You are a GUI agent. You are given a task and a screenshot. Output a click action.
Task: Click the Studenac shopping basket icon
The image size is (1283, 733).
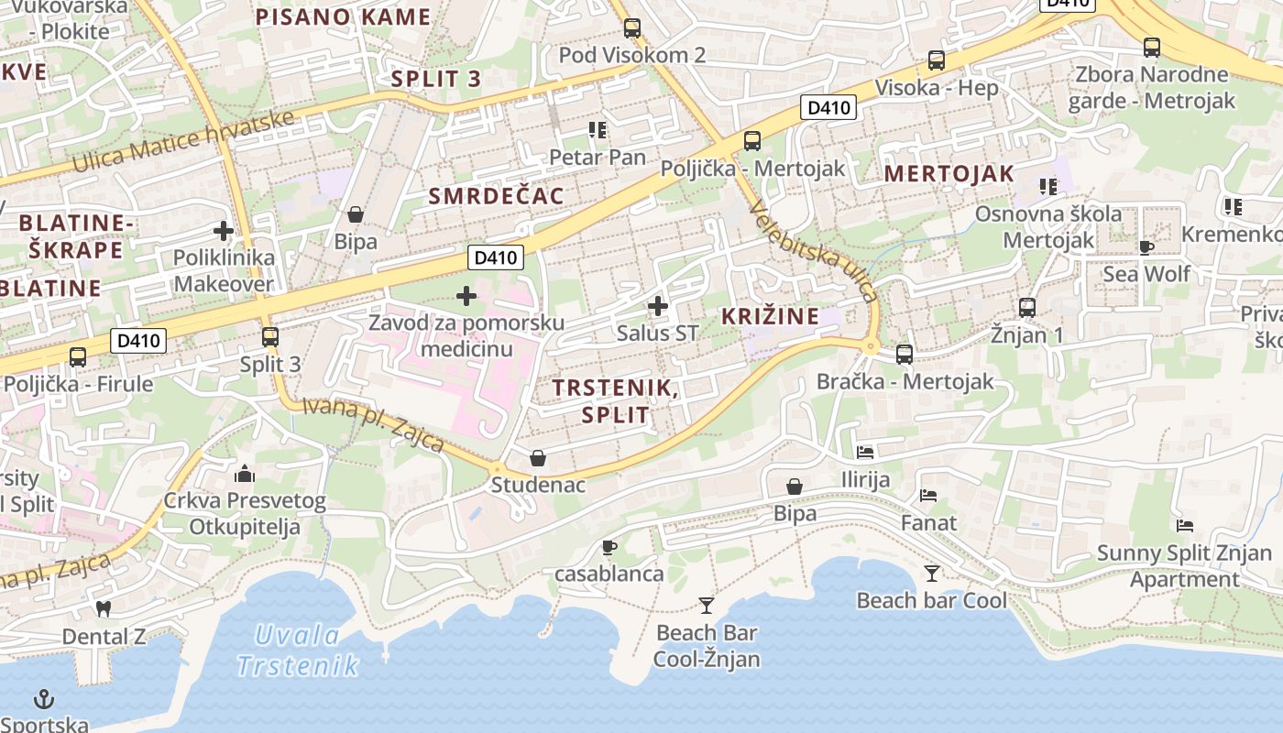tap(538, 457)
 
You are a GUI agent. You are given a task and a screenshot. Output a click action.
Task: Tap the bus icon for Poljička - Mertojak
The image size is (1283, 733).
tap(752, 140)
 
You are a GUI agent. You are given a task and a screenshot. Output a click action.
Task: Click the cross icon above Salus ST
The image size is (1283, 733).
tap(658, 306)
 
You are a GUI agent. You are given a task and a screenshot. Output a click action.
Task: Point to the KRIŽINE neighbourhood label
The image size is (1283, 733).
tap(770, 316)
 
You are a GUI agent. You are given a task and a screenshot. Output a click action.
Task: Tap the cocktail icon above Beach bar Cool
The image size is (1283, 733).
tap(932, 574)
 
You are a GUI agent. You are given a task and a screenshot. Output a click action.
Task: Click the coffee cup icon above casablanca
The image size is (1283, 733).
tap(609, 547)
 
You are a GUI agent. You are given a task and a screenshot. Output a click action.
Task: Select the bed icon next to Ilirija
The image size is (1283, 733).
tap(865, 452)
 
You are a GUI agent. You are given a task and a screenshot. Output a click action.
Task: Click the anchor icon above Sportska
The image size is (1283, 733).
tap(44, 700)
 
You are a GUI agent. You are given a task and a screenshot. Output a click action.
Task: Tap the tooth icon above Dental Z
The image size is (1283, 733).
tap(104, 608)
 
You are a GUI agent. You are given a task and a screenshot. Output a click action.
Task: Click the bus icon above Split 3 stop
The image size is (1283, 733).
tap(270, 336)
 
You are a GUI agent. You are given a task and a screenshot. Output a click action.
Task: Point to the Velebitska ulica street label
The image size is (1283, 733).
tap(814, 252)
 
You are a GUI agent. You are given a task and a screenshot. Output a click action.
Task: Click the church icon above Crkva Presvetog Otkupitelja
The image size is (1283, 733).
tap(245, 474)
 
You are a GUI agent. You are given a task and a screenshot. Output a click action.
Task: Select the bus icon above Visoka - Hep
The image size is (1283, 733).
tap(937, 60)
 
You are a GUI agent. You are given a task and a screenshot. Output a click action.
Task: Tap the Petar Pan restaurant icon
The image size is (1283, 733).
tap(598, 130)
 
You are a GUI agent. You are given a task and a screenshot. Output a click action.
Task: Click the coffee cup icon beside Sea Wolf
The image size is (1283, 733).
tap(1146, 246)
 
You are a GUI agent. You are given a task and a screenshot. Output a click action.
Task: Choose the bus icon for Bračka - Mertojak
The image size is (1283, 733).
tap(905, 354)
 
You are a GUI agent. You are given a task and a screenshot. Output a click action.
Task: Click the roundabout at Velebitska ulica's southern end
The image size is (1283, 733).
tap(870, 346)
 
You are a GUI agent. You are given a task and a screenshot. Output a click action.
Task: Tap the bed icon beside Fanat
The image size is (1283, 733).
tap(928, 496)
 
